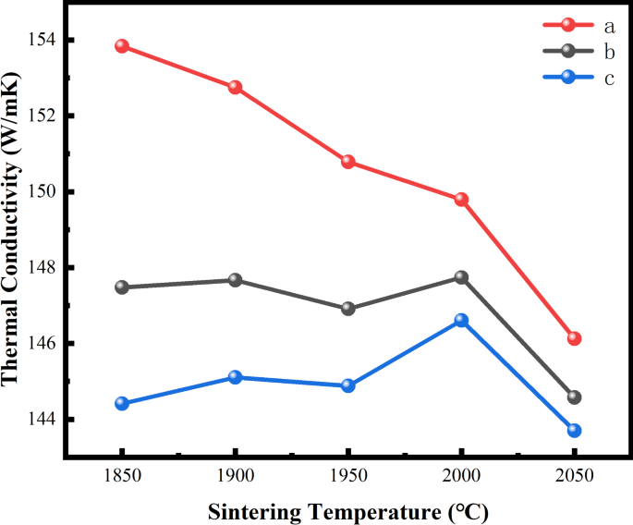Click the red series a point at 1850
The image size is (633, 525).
122,46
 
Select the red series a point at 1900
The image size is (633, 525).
235,87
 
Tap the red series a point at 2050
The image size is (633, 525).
574,338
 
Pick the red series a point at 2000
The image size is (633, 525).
461,199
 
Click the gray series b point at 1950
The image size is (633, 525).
348,309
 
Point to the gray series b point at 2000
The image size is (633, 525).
461,277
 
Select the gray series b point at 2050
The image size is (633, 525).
574,397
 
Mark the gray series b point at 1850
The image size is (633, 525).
122,287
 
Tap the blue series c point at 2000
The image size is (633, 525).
461,320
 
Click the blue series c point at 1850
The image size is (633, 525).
122,403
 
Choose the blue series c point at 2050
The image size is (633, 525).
574,430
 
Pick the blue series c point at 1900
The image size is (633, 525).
235,377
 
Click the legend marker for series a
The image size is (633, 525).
567,25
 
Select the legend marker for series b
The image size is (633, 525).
567,51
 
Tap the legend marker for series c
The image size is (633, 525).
567,77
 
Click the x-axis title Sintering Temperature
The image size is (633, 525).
347,511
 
